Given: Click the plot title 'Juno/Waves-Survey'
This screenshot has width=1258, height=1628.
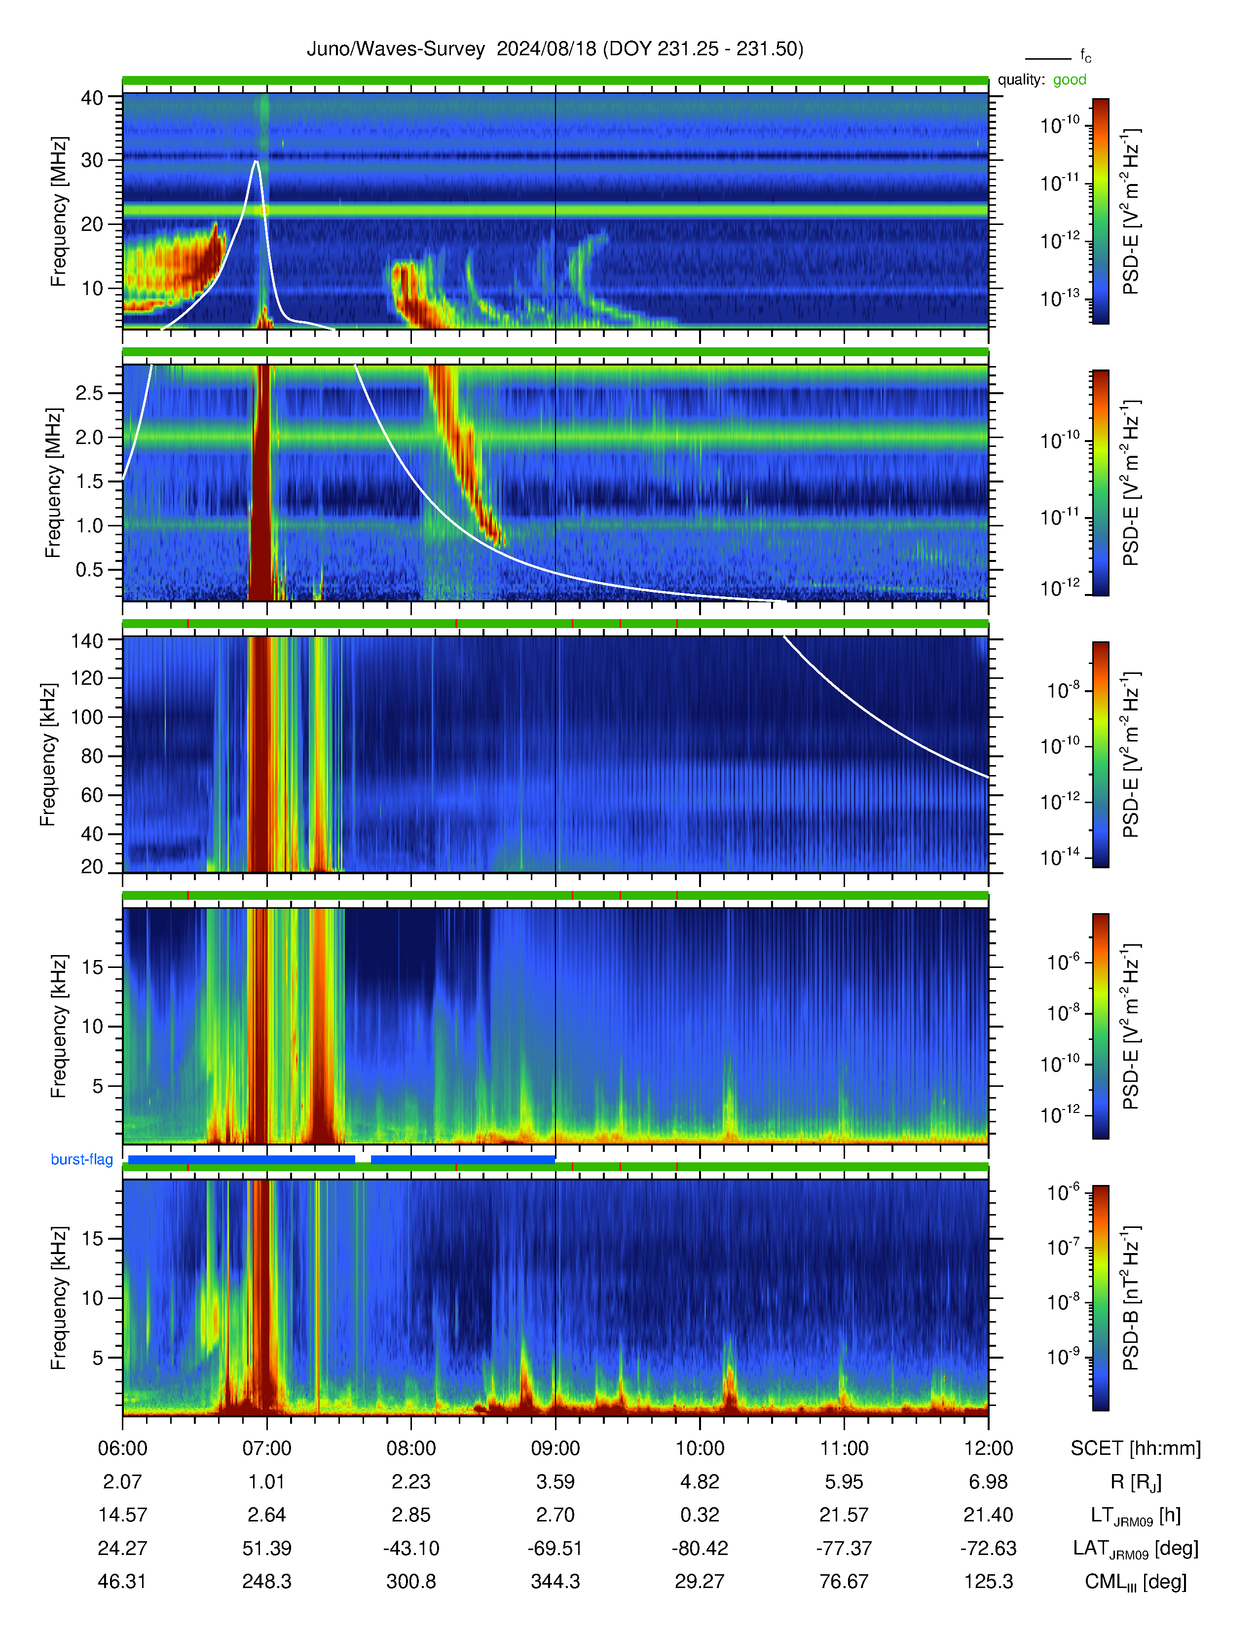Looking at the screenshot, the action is pos(396,49).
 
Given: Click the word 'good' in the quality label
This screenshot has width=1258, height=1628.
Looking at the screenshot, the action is pos(1070,80).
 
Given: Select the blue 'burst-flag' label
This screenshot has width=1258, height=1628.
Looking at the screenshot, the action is pos(82,1159).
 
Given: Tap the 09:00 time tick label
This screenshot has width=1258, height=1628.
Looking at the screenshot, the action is pos(555,1448).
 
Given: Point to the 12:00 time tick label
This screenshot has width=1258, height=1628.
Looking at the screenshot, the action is pos(988,1448).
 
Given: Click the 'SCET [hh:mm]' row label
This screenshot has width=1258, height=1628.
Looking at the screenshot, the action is pos(1136,1448).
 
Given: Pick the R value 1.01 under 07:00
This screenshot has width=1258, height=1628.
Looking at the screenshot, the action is pos(267,1482).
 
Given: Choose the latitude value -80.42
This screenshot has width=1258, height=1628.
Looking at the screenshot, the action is pos(700,1548).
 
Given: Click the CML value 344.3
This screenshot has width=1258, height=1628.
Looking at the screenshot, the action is pos(555,1582).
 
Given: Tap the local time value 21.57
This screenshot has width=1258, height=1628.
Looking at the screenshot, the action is pos(844,1515).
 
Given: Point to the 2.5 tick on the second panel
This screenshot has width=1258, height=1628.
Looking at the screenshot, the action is pos(89,393).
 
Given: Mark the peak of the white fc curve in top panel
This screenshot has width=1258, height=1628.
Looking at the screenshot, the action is pos(256,160).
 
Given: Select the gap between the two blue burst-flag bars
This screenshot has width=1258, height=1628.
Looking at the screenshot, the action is pos(363,1159).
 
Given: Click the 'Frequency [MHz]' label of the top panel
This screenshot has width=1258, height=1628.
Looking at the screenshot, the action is pos(58,212).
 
